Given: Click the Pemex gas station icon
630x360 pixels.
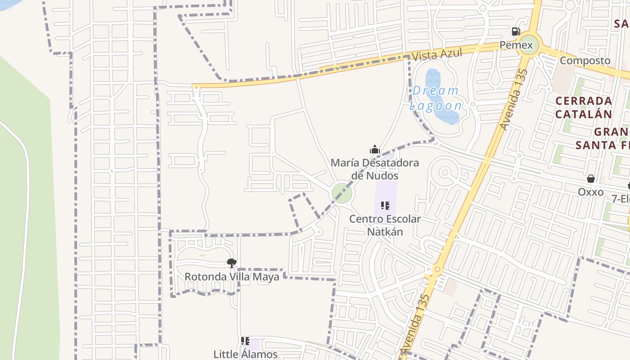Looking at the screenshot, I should point(516,31).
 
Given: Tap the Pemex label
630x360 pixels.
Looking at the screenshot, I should point(516,45).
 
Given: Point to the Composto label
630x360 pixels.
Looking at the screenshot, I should point(585,61).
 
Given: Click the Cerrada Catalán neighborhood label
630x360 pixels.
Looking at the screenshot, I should point(583,107).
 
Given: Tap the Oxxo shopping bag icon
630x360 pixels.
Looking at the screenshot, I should point(591,179).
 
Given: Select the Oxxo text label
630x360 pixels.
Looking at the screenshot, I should point(590,192).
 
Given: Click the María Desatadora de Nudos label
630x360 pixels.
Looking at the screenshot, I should point(375,169).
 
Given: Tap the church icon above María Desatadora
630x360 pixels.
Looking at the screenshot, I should point(375,149).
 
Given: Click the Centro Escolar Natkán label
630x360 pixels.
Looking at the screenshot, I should point(385,225).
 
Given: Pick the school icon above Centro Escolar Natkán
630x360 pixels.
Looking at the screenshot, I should point(385,206).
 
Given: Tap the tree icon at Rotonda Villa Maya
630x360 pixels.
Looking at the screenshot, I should point(232,263).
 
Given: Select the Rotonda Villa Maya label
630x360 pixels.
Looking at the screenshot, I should point(232,276).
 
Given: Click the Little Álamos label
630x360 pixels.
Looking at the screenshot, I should point(245,354).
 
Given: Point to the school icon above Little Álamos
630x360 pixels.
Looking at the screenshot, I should point(245,341).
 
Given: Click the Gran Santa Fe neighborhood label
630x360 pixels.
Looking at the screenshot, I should point(603,139).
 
